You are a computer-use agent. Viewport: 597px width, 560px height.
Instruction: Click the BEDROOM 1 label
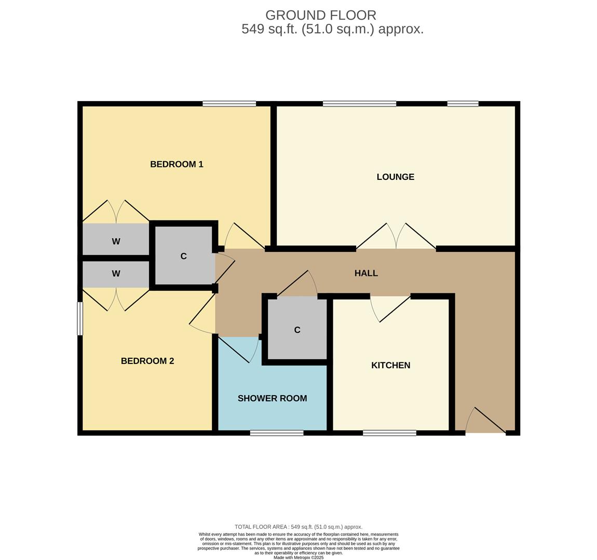(x=177, y=164)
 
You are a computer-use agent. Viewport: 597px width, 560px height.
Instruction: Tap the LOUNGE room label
(x=395, y=177)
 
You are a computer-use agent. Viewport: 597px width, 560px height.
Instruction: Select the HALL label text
(x=366, y=273)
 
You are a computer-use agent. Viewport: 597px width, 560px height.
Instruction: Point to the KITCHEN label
(x=390, y=366)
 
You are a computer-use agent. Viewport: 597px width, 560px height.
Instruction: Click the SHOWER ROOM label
(x=272, y=398)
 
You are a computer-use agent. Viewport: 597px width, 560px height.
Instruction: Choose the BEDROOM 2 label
(x=147, y=361)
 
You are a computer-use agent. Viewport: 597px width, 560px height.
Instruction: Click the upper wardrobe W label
(x=116, y=241)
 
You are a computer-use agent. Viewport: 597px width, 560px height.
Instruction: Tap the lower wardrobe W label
(x=116, y=274)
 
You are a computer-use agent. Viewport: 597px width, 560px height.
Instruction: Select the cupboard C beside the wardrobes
(x=183, y=256)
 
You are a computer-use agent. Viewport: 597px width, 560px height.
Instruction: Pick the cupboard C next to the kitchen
(x=297, y=330)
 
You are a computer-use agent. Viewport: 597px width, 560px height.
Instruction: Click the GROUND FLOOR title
(x=321, y=16)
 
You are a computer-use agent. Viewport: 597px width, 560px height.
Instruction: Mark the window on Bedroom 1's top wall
(x=229, y=104)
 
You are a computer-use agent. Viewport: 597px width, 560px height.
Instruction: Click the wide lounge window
(x=359, y=104)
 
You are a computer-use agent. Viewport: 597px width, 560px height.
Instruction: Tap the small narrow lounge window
(x=463, y=104)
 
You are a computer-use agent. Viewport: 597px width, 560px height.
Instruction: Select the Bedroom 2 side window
(x=80, y=318)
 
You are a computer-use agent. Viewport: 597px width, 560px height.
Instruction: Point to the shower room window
(x=276, y=433)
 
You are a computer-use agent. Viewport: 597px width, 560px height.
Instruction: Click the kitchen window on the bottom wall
(x=389, y=433)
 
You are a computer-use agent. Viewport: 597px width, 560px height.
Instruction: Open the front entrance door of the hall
(x=486, y=421)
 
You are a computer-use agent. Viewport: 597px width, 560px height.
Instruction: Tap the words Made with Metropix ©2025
(x=298, y=557)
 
